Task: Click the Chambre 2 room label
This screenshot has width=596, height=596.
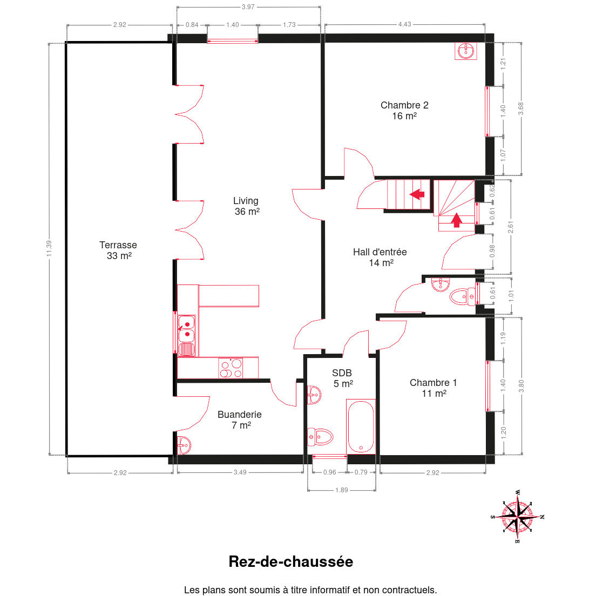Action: click(404, 111)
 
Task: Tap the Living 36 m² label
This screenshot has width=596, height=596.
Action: click(247, 206)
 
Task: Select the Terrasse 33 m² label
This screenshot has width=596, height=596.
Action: click(119, 250)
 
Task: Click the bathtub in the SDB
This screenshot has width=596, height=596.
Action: click(361, 426)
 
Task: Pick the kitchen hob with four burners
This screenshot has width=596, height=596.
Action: click(231, 368)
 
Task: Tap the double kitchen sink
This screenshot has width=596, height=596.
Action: click(187, 329)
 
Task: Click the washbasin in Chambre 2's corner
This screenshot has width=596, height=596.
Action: click(465, 51)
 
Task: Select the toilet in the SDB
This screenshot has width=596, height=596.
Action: click(320, 437)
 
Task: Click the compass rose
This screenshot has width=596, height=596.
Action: click(517, 516)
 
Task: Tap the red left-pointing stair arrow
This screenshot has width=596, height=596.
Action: click(417, 194)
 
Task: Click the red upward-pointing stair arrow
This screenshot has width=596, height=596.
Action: click(457, 220)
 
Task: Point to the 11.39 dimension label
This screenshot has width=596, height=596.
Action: click(49, 248)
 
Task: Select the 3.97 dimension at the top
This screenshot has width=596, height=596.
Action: click(248, 7)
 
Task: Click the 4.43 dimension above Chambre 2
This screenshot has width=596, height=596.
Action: click(404, 24)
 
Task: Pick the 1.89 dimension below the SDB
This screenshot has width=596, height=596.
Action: click(341, 490)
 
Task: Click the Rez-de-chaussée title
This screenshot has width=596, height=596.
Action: click(291, 562)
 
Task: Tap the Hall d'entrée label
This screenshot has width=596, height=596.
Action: click(380, 257)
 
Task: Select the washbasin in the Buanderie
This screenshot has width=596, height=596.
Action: click(184, 445)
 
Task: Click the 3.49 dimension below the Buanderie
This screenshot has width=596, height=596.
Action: click(240, 472)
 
